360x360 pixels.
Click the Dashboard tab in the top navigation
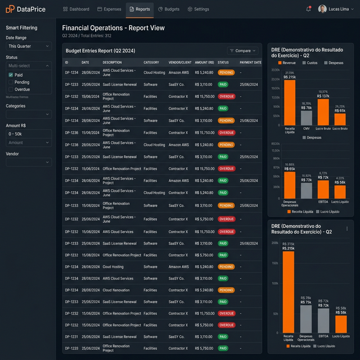(x=76, y=9)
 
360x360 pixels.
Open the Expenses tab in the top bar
(x=109, y=9)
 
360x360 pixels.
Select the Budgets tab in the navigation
(x=169, y=9)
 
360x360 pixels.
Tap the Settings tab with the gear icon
(x=198, y=9)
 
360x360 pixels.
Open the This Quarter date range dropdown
(x=28, y=46)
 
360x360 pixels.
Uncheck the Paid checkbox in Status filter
(x=11, y=75)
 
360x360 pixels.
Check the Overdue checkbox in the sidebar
(x=11, y=89)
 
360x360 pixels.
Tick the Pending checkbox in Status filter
(x=11, y=82)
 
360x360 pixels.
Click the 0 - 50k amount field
(x=28, y=134)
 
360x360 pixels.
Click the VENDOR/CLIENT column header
(x=180, y=62)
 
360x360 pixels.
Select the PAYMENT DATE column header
(x=250, y=62)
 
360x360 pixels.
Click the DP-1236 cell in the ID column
(x=71, y=133)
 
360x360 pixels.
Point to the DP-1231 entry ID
(x=71, y=337)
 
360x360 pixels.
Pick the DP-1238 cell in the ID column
(x=71, y=145)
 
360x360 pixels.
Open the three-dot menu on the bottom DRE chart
(x=347, y=228)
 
